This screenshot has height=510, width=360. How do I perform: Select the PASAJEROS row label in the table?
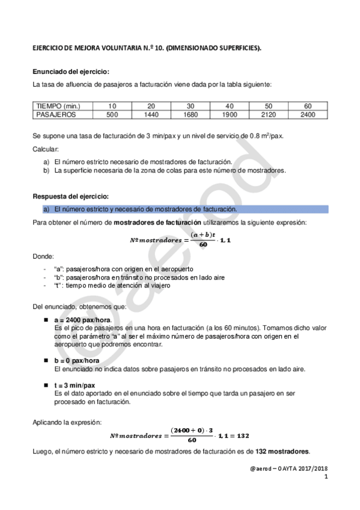(55, 114)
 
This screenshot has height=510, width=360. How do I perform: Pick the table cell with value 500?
(112, 114)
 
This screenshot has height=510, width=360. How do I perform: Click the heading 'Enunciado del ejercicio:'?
(70, 72)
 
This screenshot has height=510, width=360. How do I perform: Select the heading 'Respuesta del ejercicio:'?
(70, 196)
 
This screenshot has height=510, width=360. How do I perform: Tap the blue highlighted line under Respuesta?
(180, 209)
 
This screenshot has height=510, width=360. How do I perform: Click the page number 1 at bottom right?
(325, 478)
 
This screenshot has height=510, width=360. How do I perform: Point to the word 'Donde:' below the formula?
(43, 256)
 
